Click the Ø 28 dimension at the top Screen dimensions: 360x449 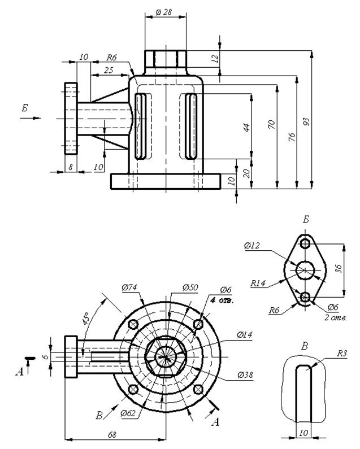click(163, 12)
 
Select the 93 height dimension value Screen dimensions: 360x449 click(306, 121)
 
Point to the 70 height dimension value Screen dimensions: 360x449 click(271, 124)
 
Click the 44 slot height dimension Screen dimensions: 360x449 click(246, 127)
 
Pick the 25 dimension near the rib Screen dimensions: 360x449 click(109, 70)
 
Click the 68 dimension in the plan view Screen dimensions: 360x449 click(112, 435)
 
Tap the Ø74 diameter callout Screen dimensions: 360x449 click(129, 287)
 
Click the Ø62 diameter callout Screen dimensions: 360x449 click(128, 413)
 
